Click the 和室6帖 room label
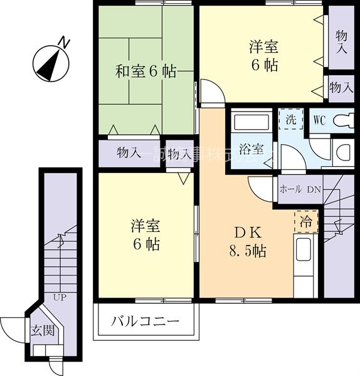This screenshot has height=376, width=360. pos(146,71)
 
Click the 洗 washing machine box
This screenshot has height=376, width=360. pos(291,119)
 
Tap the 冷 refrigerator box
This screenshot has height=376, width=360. pos(306,221)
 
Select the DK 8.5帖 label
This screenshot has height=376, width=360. pos(246,242)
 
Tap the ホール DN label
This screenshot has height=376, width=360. pos(300,189)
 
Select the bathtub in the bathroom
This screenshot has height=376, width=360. pos(250,122)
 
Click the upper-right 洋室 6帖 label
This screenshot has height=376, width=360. pos(263,56)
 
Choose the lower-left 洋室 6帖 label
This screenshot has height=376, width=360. pos(145,234)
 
